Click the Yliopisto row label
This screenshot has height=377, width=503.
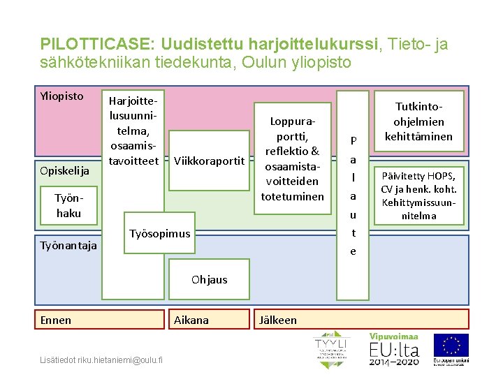[62, 96]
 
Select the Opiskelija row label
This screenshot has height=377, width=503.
[65, 171]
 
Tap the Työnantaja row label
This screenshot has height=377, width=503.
[68, 245]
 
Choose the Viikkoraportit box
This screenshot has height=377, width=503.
[209, 161]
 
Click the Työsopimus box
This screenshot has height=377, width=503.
[160, 233]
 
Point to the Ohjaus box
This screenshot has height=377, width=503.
[209, 280]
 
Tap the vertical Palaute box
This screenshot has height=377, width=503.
[353, 195]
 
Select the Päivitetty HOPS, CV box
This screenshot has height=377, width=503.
[418, 195]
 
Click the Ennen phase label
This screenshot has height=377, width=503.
[56, 320]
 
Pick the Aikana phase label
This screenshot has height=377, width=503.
[191, 320]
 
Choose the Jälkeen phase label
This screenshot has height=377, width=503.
[277, 320]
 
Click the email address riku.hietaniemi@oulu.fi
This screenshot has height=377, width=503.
[101, 360]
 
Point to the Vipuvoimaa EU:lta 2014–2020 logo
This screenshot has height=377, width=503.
[394, 349]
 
